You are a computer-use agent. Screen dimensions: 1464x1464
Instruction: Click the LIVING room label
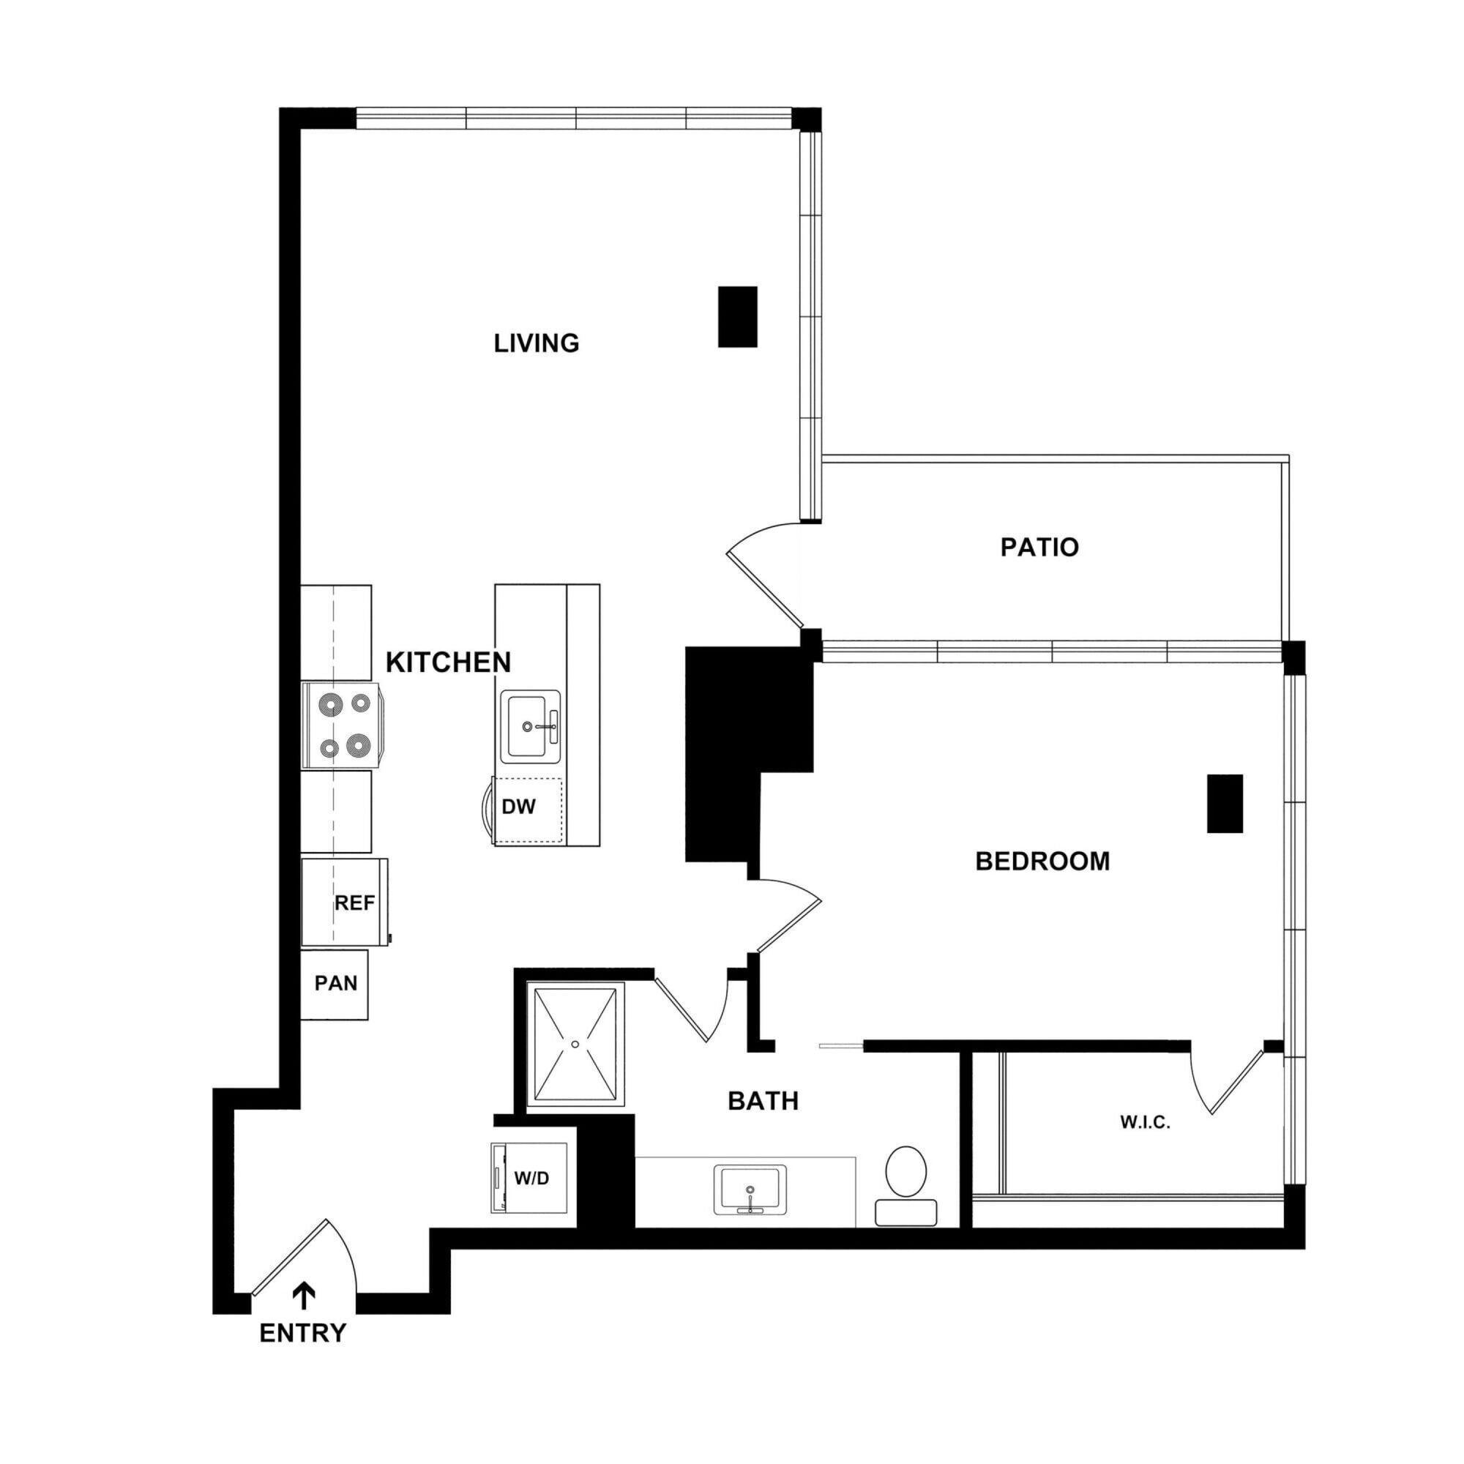537,343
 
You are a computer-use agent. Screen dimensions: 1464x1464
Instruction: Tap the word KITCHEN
448,662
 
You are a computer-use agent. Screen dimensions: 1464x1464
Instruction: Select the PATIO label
1039,547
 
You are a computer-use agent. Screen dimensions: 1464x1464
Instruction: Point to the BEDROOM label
1042,862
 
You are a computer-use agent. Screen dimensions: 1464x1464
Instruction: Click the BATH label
763,1101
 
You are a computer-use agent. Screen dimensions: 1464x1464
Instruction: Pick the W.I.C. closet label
1145,1123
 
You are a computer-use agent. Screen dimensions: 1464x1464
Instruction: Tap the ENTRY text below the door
302,1333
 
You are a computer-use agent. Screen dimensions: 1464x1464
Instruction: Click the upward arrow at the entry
304,1296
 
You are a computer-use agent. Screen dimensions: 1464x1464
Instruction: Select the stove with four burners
343,725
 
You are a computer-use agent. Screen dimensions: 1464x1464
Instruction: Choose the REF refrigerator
345,903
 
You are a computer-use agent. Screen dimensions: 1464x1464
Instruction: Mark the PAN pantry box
335,984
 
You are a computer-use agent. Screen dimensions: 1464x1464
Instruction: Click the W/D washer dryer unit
531,1179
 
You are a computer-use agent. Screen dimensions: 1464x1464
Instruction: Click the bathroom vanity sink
750,1189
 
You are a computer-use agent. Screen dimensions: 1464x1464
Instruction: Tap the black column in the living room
737,317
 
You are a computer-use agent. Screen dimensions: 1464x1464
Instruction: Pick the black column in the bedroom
1225,803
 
